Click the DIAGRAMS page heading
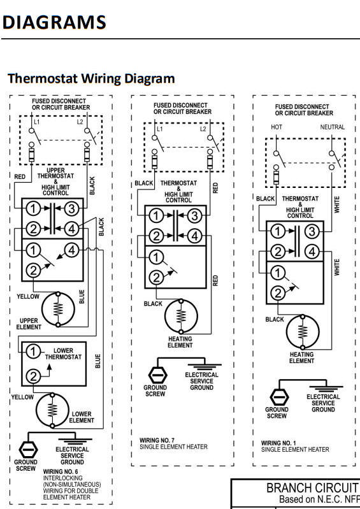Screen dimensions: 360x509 click(54, 22)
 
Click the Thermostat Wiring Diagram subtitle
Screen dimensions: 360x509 click(91, 78)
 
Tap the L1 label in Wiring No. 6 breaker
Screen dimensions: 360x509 click(37, 122)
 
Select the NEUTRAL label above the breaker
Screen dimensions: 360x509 click(333, 127)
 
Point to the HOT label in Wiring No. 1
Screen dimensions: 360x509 click(277, 127)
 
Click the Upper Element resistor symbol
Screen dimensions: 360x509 click(58, 309)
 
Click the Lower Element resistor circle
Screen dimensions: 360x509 click(52, 410)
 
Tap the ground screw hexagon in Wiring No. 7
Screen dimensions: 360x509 click(158, 375)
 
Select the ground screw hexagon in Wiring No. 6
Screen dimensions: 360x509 click(28, 450)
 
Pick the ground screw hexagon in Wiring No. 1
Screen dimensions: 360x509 click(279, 397)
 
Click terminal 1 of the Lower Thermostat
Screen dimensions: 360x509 click(32, 352)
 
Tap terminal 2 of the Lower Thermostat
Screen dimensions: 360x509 click(32, 376)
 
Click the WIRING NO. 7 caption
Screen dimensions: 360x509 click(157, 440)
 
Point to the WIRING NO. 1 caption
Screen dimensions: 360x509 click(278, 443)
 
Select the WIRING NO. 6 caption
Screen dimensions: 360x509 click(61, 471)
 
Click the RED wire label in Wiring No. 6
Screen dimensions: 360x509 click(20, 177)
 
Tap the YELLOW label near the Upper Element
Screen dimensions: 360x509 click(28, 296)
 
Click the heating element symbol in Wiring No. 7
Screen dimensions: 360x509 click(181, 316)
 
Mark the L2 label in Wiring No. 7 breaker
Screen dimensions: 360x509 click(203, 129)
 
